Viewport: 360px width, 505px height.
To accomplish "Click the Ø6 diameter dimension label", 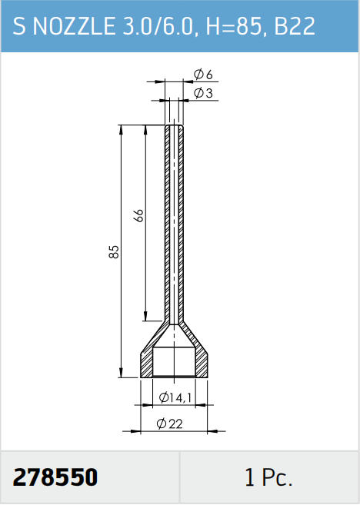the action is (203, 75).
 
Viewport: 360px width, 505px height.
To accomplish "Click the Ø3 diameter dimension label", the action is (203, 94).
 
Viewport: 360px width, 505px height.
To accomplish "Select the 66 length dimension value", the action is (139, 215).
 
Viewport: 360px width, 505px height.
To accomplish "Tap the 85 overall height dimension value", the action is (114, 252).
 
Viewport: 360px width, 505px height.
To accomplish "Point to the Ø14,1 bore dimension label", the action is (175, 397).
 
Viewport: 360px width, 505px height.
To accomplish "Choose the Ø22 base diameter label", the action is (170, 424).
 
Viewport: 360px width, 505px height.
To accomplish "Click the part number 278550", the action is (55, 477).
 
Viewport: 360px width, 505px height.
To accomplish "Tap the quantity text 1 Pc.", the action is (268, 477).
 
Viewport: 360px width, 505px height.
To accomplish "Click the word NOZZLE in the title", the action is (74, 26).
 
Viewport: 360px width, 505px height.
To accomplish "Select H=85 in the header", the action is (233, 26).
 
